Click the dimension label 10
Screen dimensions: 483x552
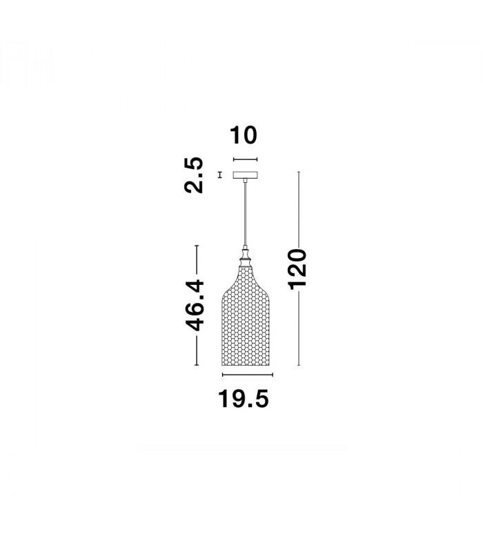pos(244,135)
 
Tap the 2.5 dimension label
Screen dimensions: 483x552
pos(194,175)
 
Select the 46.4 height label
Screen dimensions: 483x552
pos(195,305)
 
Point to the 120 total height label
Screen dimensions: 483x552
pos(297,269)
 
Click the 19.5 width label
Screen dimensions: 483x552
pos(244,399)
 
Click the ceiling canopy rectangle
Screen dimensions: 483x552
pos(246,175)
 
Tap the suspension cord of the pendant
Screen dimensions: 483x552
pos(246,214)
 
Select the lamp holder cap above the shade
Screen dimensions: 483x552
pos(246,257)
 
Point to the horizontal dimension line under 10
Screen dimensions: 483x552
pos(246,159)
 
